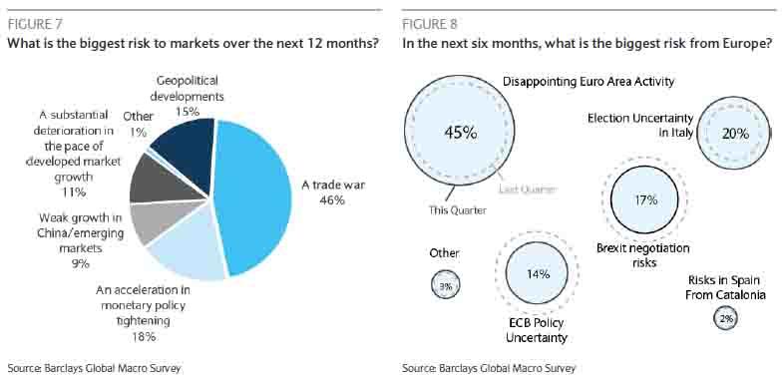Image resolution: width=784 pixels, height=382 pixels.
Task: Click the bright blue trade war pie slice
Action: pyautogui.click(x=255, y=195)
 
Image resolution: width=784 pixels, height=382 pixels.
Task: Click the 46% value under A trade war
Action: pyautogui.click(x=332, y=200)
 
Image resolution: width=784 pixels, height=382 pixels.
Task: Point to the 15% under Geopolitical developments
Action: pyautogui.click(x=188, y=111)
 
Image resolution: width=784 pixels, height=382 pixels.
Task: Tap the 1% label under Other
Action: pyautogui.click(x=139, y=132)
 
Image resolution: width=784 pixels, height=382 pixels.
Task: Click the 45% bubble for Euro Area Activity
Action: pyautogui.click(x=460, y=131)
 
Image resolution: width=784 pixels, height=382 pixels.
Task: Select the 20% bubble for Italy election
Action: pyautogui.click(x=733, y=133)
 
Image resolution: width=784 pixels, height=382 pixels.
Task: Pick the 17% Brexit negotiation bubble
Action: pyautogui.click(x=645, y=200)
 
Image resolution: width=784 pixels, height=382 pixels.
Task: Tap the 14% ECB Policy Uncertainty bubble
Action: pyautogui.click(x=537, y=273)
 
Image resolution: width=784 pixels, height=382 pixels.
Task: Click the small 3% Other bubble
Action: pyautogui.click(x=445, y=285)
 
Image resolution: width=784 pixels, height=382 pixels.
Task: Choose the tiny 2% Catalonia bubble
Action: pyautogui.click(x=725, y=318)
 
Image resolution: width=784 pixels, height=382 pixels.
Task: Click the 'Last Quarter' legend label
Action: pyautogui.click(x=528, y=189)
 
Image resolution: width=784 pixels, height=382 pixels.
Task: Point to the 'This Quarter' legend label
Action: pyautogui.click(x=457, y=210)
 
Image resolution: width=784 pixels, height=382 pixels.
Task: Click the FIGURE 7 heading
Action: pyautogui.click(x=35, y=24)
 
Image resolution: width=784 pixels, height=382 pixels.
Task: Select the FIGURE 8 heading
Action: pyautogui.click(x=430, y=24)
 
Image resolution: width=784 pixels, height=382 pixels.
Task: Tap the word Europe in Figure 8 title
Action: pyautogui.click(x=748, y=44)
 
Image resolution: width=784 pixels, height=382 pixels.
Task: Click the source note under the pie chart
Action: pyautogui.click(x=94, y=368)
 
